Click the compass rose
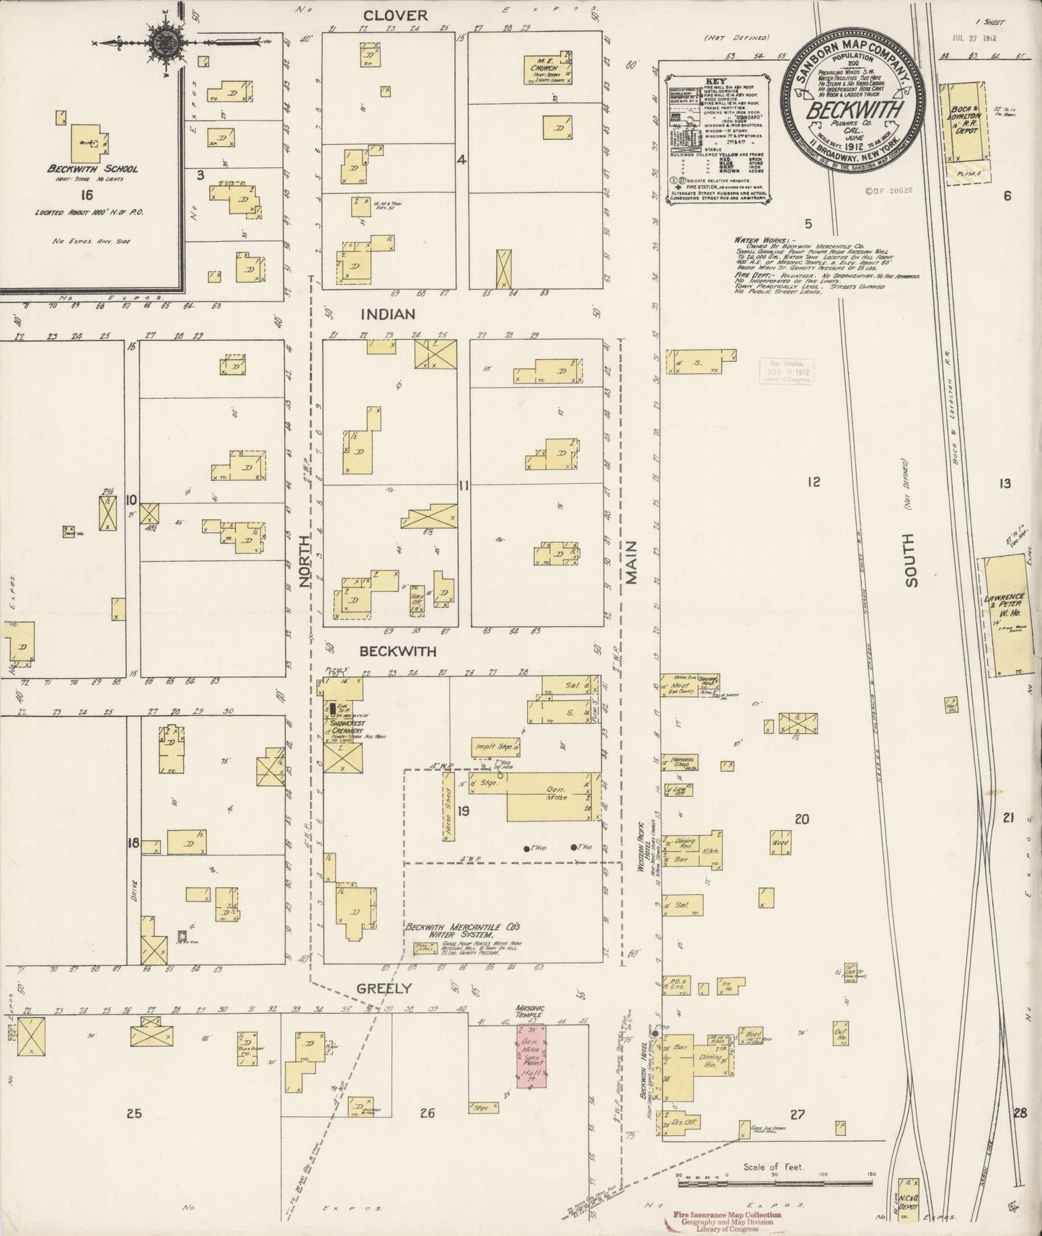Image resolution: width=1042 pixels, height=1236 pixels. click(164, 42)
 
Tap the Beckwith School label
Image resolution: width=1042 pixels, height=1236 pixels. click(92, 169)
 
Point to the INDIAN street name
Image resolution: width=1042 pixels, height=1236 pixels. click(389, 314)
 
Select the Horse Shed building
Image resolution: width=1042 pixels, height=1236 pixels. click(448, 807)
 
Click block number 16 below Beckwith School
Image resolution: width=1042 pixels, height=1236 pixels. click(87, 195)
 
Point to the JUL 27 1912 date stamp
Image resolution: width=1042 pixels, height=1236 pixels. click(973, 37)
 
